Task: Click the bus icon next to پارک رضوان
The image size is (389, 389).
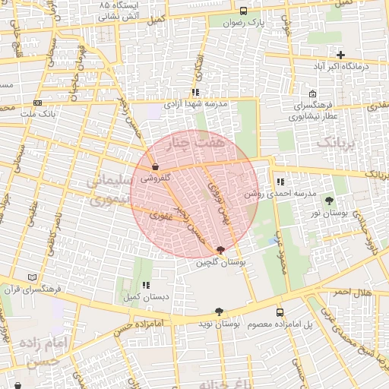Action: (x=243, y=11)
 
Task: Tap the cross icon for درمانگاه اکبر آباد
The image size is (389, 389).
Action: (x=341, y=55)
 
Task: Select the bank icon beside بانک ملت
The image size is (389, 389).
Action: (x=38, y=103)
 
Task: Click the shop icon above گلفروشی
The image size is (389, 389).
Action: (x=155, y=166)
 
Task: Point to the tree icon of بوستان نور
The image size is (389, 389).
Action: (x=328, y=201)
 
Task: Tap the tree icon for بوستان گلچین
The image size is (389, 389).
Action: (x=220, y=250)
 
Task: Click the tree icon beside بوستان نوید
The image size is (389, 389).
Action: (x=219, y=312)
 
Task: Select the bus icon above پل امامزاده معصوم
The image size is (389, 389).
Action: (x=280, y=312)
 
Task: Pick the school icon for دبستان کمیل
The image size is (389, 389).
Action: (x=145, y=285)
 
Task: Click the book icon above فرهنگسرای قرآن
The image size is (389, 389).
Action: (x=31, y=277)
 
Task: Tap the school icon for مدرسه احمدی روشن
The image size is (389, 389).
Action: (x=280, y=182)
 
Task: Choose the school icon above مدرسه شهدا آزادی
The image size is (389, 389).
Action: (x=195, y=92)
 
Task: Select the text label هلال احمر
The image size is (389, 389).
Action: (x=353, y=293)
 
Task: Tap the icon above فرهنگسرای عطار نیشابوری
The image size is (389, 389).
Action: (x=312, y=93)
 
